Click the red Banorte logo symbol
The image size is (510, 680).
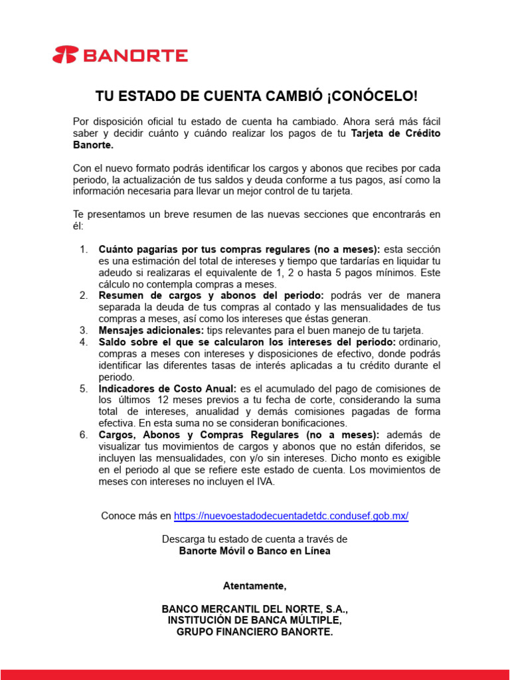[65, 55]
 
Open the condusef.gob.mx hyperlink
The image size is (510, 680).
[291, 516]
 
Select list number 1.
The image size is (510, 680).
[84, 249]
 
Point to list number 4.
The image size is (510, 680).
[84, 342]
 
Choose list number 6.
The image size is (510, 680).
[84, 435]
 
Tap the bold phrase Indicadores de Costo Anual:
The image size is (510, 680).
[167, 388]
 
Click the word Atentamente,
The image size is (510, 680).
[255, 586]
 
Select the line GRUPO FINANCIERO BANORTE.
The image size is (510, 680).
[255, 632]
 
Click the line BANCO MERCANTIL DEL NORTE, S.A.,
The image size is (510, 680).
[255, 608]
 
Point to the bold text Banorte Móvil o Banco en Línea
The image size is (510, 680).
[255, 551]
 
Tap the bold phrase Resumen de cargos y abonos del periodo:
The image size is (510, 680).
[211, 296]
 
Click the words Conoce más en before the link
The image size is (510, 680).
[136, 516]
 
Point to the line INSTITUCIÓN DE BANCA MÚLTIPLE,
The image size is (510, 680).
[255, 620]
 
